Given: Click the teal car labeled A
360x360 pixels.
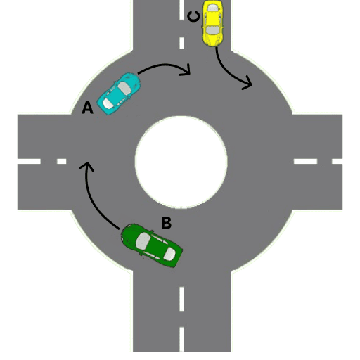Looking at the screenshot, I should point(120,93).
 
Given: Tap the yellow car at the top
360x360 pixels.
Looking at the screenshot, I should point(212,22).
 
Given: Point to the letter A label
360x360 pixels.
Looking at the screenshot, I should point(87,108).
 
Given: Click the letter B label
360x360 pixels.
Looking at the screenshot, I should point(166,223).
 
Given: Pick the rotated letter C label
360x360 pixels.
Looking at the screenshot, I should point(193,15).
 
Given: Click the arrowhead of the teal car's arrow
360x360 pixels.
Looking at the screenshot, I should point(186,70).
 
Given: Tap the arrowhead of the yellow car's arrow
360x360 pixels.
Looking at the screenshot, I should point(247,84).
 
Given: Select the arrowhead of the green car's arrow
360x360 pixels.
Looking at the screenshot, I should point(86,167).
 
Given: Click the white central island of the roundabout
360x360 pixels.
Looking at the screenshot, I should point(181,159).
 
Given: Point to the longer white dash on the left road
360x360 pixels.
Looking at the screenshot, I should point(29,162).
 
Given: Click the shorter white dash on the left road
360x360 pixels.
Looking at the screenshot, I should point(61,162).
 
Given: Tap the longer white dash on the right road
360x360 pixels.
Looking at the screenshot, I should point(307,162).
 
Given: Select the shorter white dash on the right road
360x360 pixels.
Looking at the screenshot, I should point(337,162).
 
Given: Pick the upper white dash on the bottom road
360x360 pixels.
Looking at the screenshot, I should point(182,298).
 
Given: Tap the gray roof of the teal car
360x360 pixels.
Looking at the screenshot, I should point(124,89).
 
